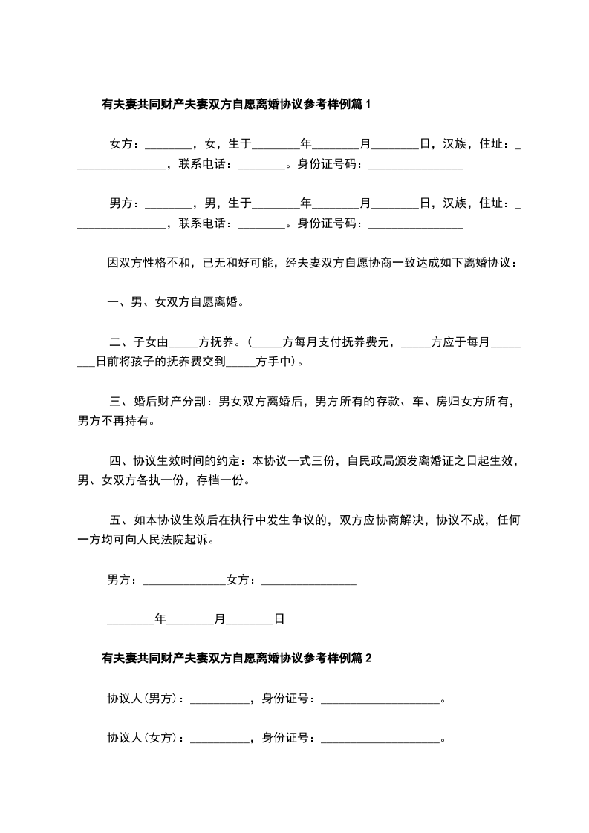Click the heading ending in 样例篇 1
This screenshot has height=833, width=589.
pos(235,105)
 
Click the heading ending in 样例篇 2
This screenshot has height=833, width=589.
pos(235,658)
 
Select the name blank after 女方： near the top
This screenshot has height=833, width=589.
pos(168,144)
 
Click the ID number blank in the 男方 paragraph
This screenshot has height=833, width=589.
pos(416,223)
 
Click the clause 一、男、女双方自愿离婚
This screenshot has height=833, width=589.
pos(176,303)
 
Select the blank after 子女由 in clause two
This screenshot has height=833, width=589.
pos(183,343)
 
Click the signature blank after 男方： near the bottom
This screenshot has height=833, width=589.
pos(183,580)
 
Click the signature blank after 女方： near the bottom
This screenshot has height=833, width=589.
pos(309,580)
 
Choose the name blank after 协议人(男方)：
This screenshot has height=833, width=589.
pos(220,699)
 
